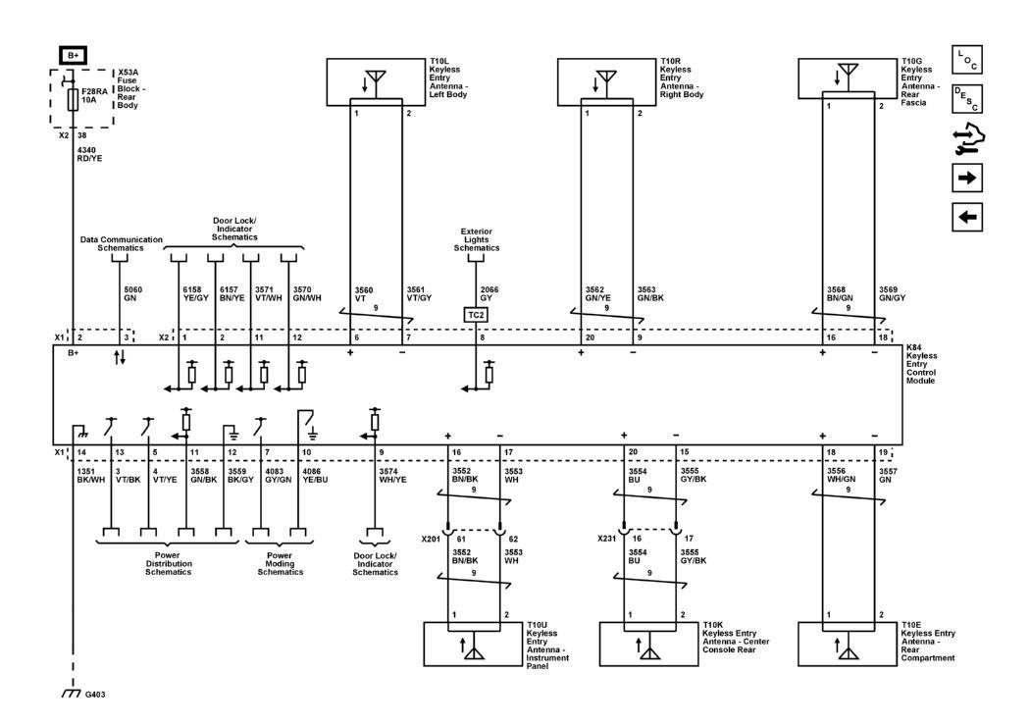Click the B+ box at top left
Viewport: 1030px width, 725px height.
[x=73, y=56]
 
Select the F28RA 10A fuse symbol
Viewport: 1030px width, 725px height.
[x=73, y=99]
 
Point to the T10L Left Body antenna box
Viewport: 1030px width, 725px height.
[x=376, y=81]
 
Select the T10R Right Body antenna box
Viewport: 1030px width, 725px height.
[x=606, y=81]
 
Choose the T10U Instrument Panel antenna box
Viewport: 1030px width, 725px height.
[x=473, y=644]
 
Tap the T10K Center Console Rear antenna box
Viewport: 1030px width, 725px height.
[x=648, y=644]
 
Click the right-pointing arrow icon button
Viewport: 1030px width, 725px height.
[x=966, y=179]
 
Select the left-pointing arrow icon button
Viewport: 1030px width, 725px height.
[x=966, y=217]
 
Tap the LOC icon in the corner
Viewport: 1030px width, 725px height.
[x=966, y=60]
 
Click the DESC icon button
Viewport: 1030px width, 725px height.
[x=966, y=98]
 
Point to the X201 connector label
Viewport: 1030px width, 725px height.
[x=432, y=539]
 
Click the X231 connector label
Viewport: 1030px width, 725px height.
[x=607, y=539]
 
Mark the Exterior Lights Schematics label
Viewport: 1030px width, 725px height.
[x=477, y=241]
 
